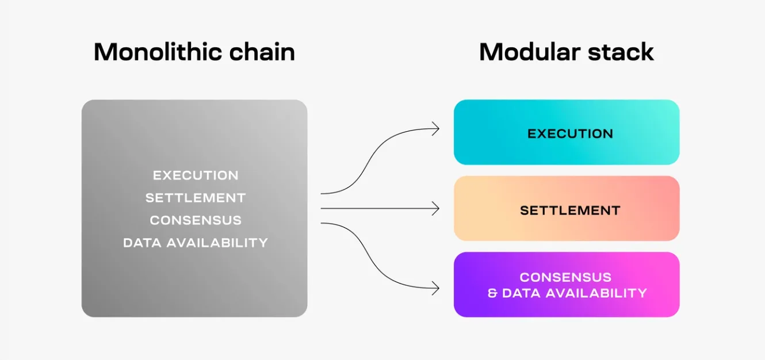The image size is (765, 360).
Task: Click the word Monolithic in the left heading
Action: click(x=157, y=52)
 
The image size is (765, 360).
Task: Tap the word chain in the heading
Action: click(x=262, y=52)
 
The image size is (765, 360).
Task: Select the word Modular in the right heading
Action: click(x=530, y=52)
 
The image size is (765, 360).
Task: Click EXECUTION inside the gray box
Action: click(x=196, y=175)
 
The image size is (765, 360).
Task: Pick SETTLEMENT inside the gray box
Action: click(x=196, y=198)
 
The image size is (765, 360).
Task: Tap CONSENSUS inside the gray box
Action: click(x=196, y=220)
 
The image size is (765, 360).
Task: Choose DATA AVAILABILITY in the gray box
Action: click(x=196, y=243)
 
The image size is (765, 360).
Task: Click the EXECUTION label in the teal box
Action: click(x=570, y=133)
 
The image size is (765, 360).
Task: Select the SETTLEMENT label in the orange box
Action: click(x=570, y=210)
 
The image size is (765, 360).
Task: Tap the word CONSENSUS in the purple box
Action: click(x=565, y=277)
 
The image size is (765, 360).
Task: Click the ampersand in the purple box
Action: click(x=492, y=293)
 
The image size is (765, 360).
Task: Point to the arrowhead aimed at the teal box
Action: click(x=437, y=129)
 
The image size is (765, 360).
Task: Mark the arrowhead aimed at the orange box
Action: click(x=437, y=208)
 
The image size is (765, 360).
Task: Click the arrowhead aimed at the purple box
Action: click(x=437, y=288)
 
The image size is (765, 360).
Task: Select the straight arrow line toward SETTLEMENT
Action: click(x=380, y=208)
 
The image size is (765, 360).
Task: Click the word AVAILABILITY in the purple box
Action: click(x=596, y=293)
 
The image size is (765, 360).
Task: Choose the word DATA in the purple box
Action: click(x=521, y=293)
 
